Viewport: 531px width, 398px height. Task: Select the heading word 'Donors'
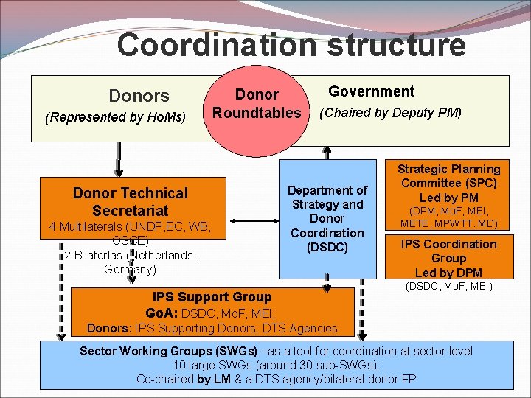[139, 96]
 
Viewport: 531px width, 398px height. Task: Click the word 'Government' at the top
[371, 91]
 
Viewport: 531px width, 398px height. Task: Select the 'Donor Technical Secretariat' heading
[131, 201]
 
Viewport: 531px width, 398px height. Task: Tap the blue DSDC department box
[327, 221]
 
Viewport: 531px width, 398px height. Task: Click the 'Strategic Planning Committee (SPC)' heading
[448, 176]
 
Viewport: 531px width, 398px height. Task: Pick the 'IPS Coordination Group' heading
[448, 251]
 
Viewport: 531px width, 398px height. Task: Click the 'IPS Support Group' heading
[212, 297]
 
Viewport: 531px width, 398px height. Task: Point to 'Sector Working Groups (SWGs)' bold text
[168, 350]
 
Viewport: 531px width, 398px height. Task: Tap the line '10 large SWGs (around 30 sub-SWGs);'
[276, 365]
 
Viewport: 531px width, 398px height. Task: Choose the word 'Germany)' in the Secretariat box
[131, 269]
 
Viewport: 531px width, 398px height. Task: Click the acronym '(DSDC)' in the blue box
[327, 247]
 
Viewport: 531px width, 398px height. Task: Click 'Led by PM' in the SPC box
[448, 198]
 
